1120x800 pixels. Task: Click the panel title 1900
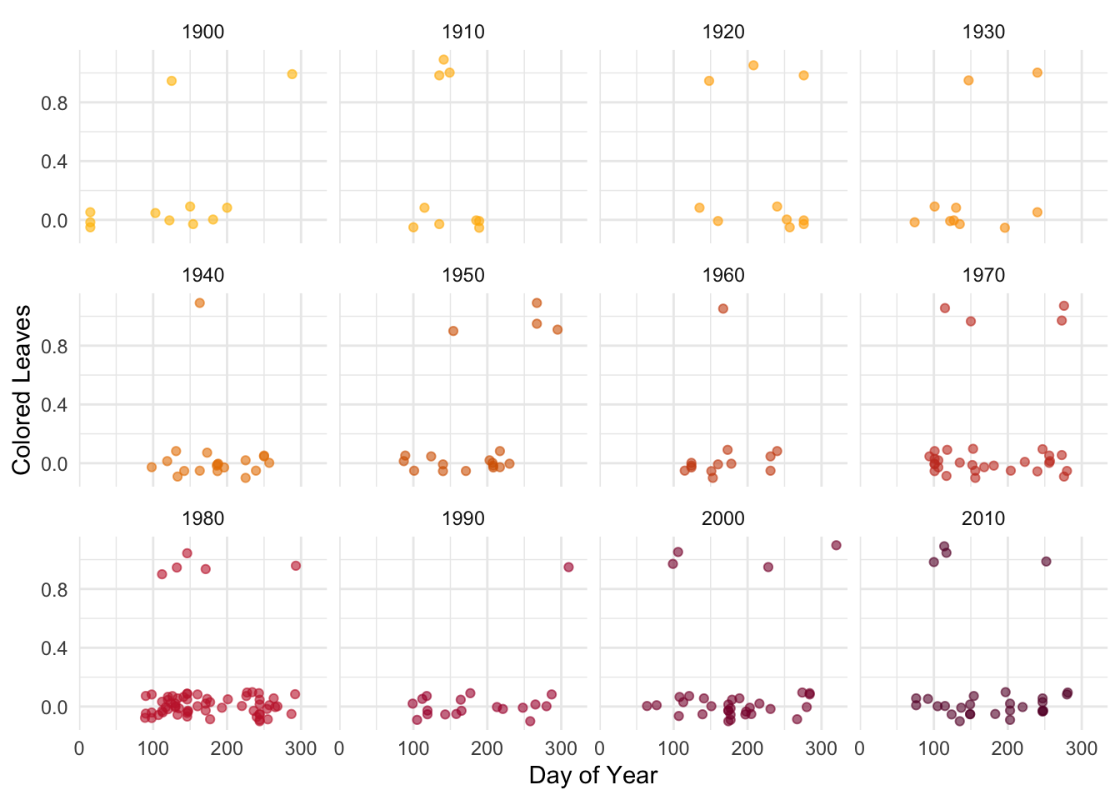tap(202, 32)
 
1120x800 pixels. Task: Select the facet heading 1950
tap(462, 275)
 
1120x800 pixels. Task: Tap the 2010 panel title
tap(983, 518)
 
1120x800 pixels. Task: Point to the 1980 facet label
tap(202, 518)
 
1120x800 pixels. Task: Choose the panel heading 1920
tap(723, 32)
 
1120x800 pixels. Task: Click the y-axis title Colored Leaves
tap(22, 390)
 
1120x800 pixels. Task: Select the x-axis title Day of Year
tap(592, 775)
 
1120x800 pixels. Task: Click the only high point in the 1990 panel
tap(568, 567)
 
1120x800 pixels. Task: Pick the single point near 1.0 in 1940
tap(199, 302)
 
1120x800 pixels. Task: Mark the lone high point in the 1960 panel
tap(723, 308)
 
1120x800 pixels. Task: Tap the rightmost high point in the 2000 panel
tap(836, 545)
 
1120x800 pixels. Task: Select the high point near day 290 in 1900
tap(292, 74)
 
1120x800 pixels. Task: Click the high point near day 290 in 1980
tap(295, 566)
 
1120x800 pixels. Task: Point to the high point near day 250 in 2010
tap(1046, 562)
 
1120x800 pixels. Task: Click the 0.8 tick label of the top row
tap(54, 103)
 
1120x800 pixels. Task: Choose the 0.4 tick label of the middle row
tap(54, 405)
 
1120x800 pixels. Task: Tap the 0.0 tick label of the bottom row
tap(54, 707)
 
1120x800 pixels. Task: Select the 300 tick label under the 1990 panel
tap(561, 748)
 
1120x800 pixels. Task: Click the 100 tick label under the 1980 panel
tap(152, 748)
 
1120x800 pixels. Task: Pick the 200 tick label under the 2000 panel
tap(747, 748)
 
